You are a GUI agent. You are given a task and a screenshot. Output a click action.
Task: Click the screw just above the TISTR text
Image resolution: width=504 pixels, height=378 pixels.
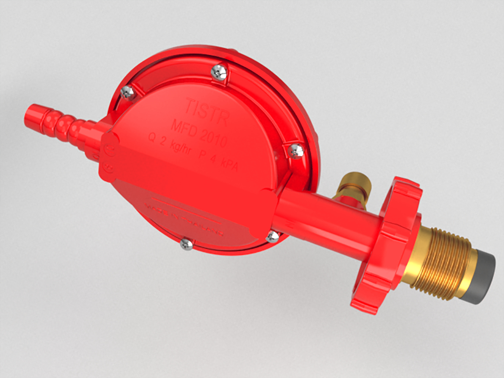[219, 72]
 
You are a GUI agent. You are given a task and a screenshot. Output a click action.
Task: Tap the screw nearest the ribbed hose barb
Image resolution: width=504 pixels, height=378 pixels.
[127, 92]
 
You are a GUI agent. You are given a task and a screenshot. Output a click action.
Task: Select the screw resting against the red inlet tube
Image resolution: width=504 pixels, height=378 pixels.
[272, 236]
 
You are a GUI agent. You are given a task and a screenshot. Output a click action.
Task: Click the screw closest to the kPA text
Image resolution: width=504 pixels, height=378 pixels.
[296, 150]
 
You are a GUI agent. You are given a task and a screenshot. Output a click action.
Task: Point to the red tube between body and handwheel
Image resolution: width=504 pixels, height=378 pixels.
[326, 217]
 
